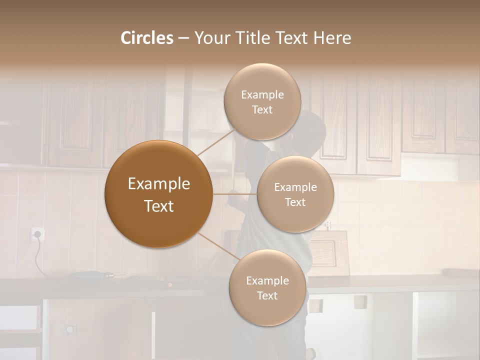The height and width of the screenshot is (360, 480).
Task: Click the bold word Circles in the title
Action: pyautogui.click(x=147, y=38)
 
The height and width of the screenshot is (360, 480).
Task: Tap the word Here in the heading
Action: pyautogui.click(x=332, y=38)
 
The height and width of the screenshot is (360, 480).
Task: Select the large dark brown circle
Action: pyautogui.click(x=158, y=194)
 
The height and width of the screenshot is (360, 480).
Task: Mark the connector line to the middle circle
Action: pyautogui.click(x=235, y=194)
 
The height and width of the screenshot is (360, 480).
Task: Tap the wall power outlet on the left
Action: pyautogui.click(x=37, y=234)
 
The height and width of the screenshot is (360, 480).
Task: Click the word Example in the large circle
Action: pyautogui.click(x=158, y=184)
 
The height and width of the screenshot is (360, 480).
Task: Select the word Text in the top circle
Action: pyautogui.click(x=262, y=110)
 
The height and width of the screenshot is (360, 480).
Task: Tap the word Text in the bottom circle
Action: pyautogui.click(x=267, y=296)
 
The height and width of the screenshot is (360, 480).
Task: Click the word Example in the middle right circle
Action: pyautogui.click(x=295, y=187)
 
